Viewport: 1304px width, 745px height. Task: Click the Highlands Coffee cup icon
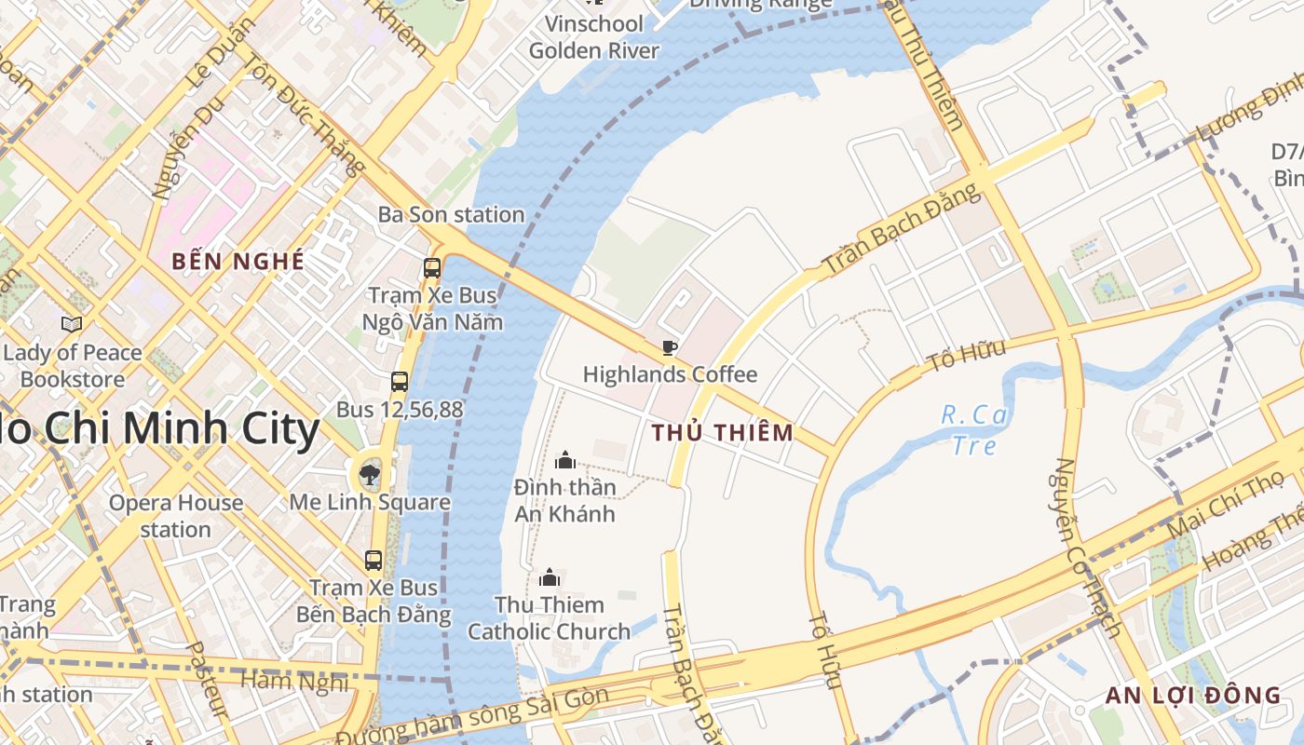669,348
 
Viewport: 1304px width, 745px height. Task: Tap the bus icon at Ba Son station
432,268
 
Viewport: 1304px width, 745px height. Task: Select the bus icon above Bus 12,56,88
400,382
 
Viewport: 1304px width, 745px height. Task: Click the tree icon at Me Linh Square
370,475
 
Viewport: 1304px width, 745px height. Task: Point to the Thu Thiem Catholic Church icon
550,578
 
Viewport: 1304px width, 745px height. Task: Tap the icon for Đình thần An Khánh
564,460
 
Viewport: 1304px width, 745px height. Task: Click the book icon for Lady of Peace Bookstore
72,325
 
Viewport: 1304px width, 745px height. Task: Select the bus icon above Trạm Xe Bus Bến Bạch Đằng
374,561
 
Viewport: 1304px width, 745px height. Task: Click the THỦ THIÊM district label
723,433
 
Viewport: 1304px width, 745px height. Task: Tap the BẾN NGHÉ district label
238,262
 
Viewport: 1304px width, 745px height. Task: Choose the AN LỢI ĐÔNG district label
1193,695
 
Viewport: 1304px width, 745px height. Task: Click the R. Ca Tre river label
974,429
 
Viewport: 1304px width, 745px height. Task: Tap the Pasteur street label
207,679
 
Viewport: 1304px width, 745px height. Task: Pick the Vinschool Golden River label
594,37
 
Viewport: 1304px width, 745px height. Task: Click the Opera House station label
176,516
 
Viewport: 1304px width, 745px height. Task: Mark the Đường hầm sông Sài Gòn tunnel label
472,718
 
